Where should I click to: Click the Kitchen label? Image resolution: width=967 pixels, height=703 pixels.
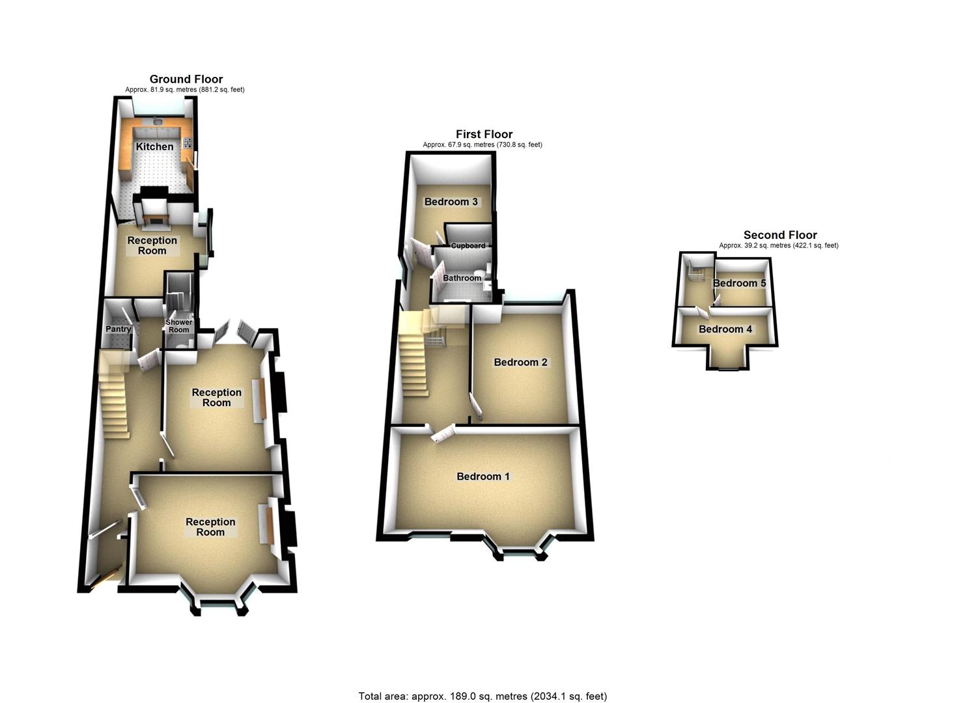pos(154,146)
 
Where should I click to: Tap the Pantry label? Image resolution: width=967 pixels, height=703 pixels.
pos(118,329)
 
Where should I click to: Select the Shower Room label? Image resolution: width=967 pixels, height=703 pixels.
pos(179,326)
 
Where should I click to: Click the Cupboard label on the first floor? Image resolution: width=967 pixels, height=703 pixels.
pos(468,245)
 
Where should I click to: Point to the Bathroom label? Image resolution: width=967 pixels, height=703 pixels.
pos(462,278)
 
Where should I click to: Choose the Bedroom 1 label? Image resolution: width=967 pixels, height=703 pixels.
pos(483,476)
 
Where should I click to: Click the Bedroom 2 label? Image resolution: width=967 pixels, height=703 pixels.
pos(520,362)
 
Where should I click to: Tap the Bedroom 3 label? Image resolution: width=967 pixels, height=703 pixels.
pos(451,202)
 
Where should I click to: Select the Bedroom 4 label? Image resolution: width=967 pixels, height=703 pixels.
pos(725,329)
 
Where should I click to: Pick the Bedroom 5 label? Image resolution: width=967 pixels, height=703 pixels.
pos(739,283)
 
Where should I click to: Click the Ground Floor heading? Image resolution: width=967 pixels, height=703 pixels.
pos(186,79)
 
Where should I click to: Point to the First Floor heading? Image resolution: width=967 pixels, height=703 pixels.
pos(484,134)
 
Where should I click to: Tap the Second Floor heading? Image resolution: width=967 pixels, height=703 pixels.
pos(779,235)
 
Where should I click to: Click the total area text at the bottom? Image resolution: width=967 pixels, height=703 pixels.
pos(483,696)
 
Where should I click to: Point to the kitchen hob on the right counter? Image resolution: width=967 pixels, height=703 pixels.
pos(188,144)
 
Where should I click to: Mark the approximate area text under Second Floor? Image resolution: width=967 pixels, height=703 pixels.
pos(778,245)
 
